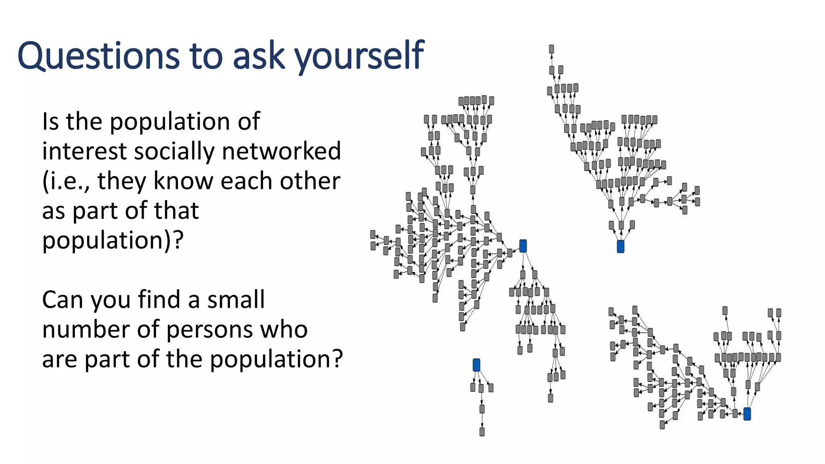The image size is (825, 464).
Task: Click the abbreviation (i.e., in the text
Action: point(66,181)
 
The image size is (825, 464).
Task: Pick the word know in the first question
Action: point(184,181)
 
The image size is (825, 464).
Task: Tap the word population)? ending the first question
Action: point(113,240)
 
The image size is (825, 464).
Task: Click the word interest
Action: point(85,151)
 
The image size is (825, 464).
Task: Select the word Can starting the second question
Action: point(62,300)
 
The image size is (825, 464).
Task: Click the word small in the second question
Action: point(236,300)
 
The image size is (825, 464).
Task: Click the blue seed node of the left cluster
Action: point(523,246)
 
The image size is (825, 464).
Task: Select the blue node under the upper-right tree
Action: point(620,246)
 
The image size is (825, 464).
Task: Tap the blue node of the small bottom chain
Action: point(477,365)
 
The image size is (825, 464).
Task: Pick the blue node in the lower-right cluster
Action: point(747,414)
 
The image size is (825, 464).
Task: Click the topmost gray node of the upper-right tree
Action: point(551,49)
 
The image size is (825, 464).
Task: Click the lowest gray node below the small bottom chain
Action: point(482,432)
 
